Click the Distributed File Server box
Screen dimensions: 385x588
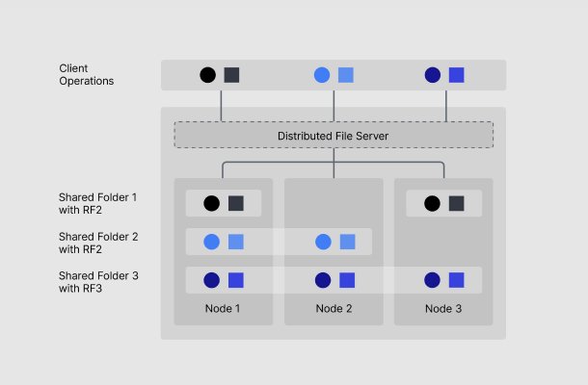(333, 135)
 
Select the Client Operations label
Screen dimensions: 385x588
(87, 75)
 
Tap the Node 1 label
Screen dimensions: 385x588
(223, 309)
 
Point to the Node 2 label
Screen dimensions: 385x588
(334, 309)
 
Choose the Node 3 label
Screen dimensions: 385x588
(443, 309)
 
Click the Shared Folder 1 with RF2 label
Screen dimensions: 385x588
(98, 203)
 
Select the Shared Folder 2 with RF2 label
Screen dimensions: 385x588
(98, 243)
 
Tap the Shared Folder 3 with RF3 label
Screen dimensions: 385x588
(98, 282)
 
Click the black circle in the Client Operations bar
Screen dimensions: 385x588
(207, 75)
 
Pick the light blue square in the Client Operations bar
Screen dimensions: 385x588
(346, 75)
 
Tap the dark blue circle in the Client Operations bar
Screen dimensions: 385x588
(433, 75)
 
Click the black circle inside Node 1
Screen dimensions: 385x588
(212, 204)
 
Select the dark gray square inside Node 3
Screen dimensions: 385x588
(457, 204)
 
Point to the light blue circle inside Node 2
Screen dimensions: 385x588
(323, 243)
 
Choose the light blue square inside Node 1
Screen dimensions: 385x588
(235, 243)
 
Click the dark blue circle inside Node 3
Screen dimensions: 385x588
(433, 281)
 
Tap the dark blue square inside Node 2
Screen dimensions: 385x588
(346, 281)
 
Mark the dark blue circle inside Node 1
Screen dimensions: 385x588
(212, 281)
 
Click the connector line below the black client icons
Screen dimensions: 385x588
(222, 105)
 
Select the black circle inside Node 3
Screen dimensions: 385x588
(433, 204)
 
